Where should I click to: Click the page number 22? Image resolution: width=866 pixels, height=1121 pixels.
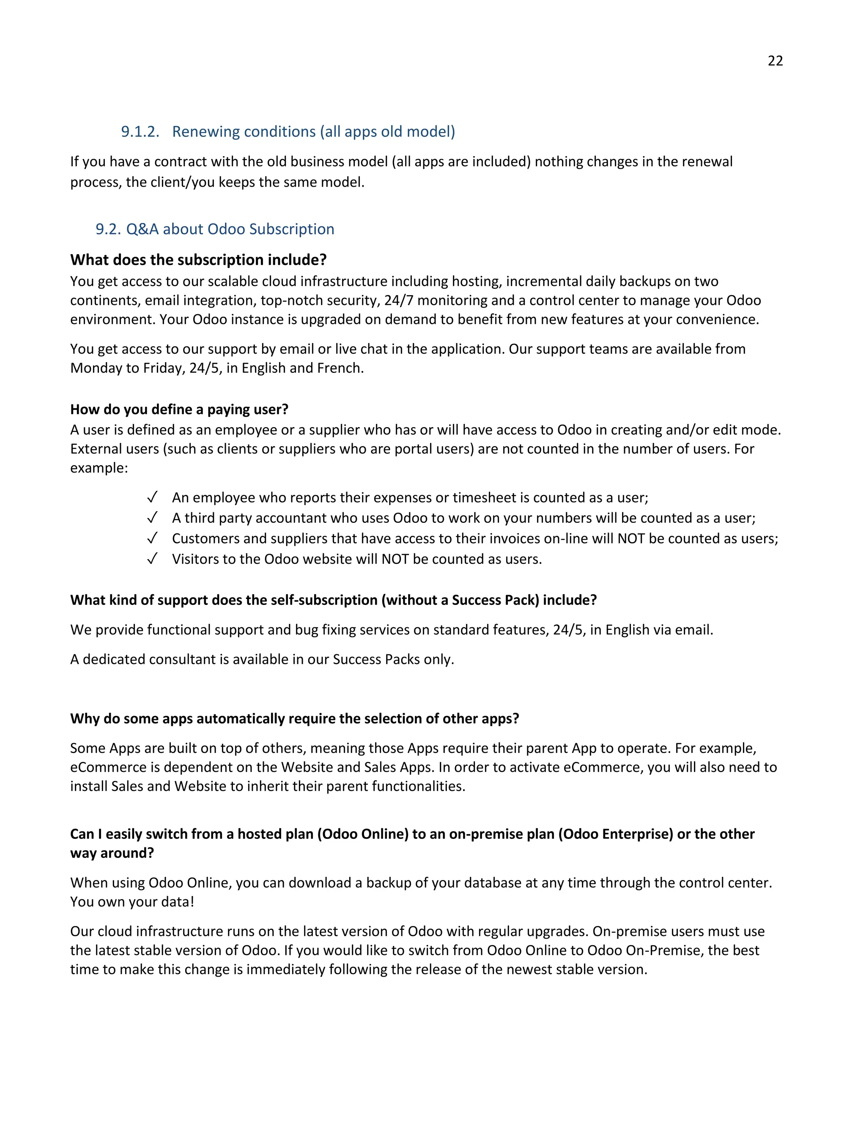(x=775, y=60)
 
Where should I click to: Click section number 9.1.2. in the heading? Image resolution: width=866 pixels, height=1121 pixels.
(x=140, y=132)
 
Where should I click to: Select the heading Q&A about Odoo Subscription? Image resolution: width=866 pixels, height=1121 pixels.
(x=230, y=229)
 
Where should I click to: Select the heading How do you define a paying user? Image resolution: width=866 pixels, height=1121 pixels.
(x=179, y=409)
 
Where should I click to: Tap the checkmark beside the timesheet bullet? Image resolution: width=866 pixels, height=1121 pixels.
(x=152, y=497)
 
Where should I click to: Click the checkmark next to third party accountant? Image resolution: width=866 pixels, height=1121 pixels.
(x=152, y=518)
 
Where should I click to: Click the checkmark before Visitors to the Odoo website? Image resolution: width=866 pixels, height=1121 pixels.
(x=152, y=559)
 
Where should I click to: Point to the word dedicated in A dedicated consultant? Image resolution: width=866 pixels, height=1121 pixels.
(x=114, y=659)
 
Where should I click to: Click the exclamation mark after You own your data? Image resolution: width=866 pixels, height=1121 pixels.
(x=192, y=902)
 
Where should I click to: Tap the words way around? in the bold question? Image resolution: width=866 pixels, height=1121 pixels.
(x=112, y=853)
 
